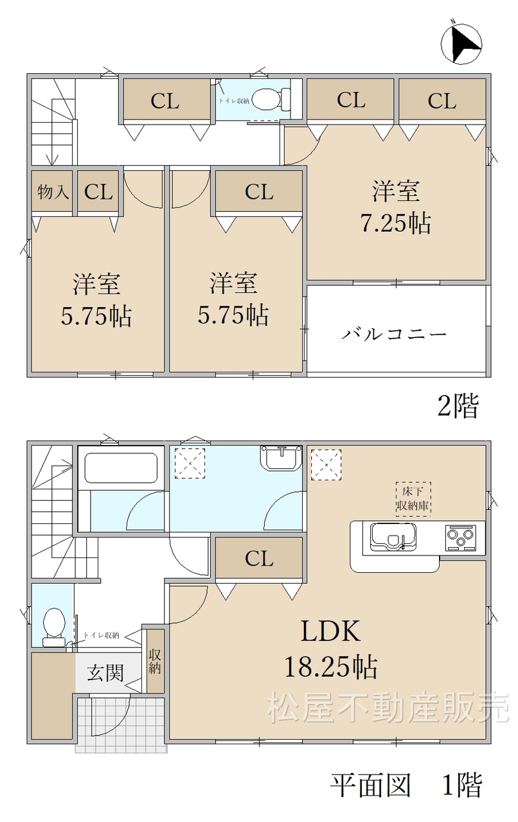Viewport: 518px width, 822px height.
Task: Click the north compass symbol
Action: point(461,43)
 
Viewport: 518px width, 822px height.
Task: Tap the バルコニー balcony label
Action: point(394,334)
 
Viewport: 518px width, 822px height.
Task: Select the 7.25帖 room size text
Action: point(396,223)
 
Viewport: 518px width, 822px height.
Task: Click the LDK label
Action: point(330,631)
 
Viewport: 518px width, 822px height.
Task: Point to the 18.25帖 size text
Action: point(331,666)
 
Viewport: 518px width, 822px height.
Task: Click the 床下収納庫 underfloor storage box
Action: point(413,499)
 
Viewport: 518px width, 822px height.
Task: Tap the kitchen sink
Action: point(393,537)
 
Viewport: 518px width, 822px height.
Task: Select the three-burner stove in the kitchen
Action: point(461,538)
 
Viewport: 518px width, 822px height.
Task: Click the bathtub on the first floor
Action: point(121,468)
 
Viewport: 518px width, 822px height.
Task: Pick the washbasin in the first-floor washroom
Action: point(281,457)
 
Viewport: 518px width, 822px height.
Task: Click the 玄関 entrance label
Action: point(105,673)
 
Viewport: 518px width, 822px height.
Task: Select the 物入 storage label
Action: point(53,191)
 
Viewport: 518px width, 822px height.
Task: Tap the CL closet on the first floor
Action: point(259,559)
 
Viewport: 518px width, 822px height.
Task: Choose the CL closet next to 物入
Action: point(98,191)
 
